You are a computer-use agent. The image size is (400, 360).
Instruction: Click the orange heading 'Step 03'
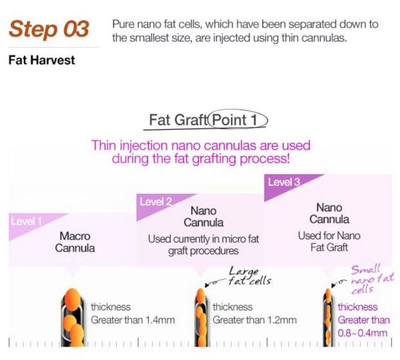pos(49,29)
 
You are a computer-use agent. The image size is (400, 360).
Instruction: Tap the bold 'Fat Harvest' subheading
pos(42,60)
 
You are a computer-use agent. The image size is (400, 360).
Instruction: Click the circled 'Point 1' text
pos(239,119)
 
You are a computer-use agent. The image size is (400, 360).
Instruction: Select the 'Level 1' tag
pos(26,221)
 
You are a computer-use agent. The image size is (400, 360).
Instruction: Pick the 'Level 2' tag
pos(156,202)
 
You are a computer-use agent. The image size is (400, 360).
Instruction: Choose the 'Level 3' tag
pos(285,182)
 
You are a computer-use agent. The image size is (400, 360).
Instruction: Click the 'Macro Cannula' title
pos(74,241)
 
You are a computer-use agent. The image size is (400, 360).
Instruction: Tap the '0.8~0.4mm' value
pos(364,332)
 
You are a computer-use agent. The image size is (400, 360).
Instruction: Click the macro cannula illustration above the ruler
pos(73,317)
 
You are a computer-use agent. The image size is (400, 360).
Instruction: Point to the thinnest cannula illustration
pos(327,317)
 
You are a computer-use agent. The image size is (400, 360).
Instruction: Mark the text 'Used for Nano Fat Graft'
pos(328,241)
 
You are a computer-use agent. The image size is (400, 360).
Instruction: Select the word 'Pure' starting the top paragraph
pos(124,25)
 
